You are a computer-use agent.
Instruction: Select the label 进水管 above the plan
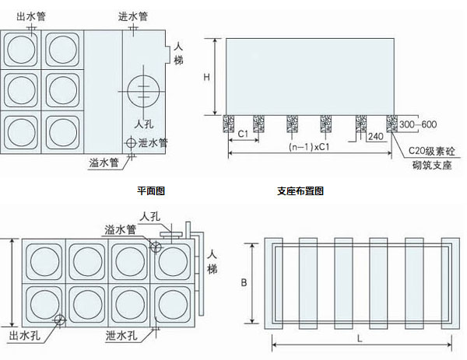click(133, 16)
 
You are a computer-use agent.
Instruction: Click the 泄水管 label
click(153, 143)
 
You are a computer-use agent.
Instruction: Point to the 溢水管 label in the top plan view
click(104, 163)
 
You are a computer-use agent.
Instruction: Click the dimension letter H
click(206, 77)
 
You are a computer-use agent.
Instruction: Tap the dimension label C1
click(244, 133)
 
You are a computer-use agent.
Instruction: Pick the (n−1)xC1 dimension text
click(306, 147)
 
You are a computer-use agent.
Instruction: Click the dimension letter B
click(244, 283)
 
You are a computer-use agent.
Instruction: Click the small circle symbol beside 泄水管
click(130, 144)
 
